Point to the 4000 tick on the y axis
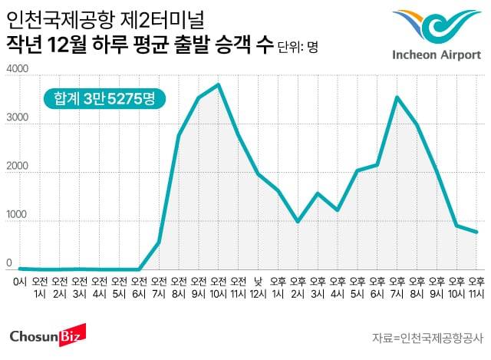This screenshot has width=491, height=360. point(17,71)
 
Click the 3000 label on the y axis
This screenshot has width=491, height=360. point(17,120)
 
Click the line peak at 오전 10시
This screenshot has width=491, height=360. point(219,84)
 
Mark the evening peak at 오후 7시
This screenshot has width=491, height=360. point(397,97)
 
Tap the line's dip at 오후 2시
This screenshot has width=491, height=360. point(298,221)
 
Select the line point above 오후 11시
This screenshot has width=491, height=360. point(476,232)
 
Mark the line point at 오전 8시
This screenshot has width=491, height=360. point(179,135)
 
